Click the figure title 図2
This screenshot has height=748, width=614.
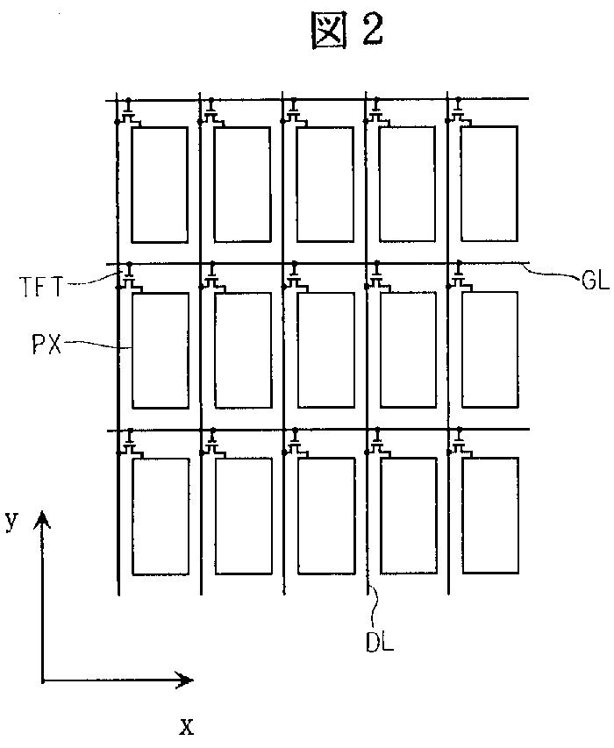click(348, 31)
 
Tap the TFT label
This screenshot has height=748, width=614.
click(40, 285)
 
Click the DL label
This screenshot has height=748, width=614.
click(380, 643)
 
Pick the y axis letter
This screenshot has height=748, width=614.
click(11, 520)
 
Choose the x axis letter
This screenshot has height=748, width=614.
click(185, 726)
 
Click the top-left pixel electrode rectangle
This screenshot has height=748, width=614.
click(160, 184)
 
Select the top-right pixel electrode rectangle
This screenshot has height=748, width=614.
click(489, 183)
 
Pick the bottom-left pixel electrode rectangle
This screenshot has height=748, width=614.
click(161, 516)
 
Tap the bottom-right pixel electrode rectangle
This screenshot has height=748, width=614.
click(490, 516)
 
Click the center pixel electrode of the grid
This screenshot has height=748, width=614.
click(326, 350)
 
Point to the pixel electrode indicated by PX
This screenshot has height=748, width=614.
click(161, 350)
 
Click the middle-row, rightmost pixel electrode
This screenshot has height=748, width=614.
click(490, 349)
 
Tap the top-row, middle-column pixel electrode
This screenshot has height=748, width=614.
click(325, 184)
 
